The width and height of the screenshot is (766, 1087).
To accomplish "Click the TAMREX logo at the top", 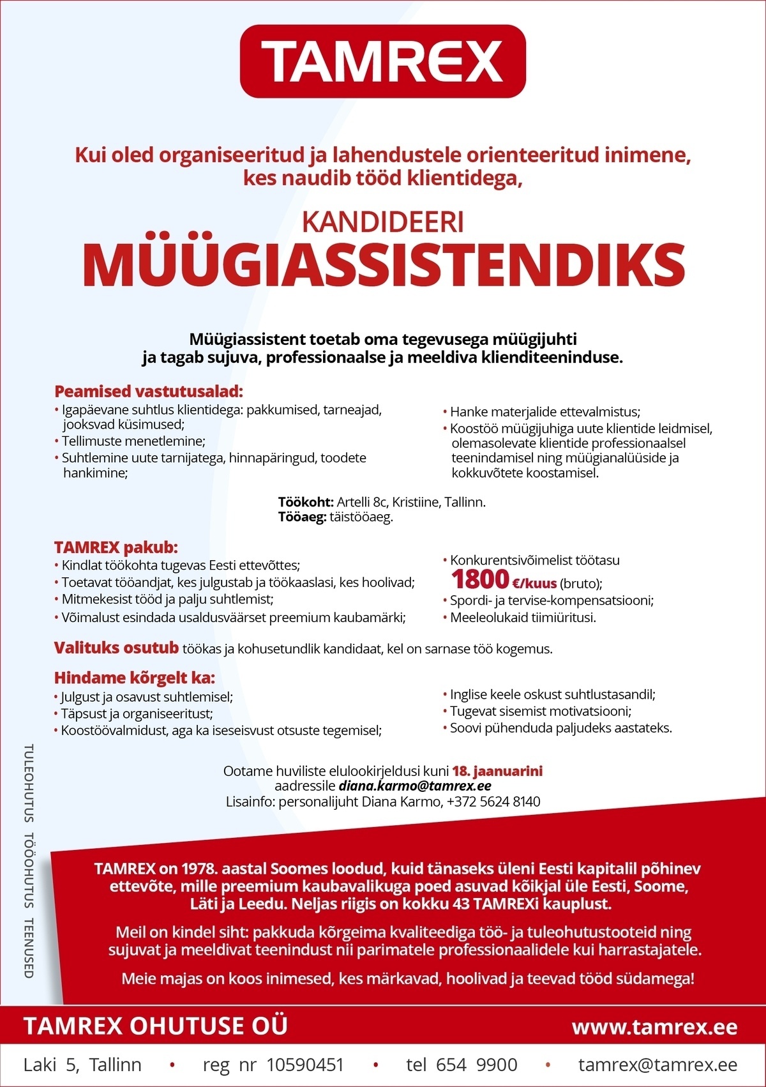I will [x=383, y=61].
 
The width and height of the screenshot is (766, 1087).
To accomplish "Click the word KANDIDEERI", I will [x=382, y=222].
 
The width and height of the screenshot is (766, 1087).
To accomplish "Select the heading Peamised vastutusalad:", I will [x=149, y=391].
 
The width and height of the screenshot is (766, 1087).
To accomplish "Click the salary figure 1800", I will [x=480, y=580].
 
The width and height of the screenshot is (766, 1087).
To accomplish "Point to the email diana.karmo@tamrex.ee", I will [x=415, y=786].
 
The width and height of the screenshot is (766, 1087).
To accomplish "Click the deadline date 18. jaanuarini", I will [x=497, y=771].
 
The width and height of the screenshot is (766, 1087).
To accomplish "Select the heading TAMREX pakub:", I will [x=116, y=547].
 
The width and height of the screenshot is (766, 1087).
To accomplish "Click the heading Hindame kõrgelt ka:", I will [x=134, y=678].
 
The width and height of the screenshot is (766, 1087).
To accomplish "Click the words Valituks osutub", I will [x=116, y=648].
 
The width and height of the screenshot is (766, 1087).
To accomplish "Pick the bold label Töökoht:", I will [x=306, y=502].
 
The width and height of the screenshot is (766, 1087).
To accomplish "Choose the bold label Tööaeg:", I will [x=303, y=517].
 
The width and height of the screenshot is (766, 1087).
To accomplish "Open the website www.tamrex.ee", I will [x=654, y=1027].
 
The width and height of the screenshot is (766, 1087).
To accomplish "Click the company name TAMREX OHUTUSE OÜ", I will [x=155, y=1026].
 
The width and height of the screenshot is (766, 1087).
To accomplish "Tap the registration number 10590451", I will [x=305, y=1065].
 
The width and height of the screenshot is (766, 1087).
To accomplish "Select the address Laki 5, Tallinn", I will [x=82, y=1065].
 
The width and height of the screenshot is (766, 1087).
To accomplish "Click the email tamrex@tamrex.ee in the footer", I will [x=657, y=1065].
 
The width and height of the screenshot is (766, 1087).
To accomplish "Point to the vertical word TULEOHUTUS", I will [x=29, y=783].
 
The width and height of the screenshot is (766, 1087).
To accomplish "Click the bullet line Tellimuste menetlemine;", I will [x=133, y=441].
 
